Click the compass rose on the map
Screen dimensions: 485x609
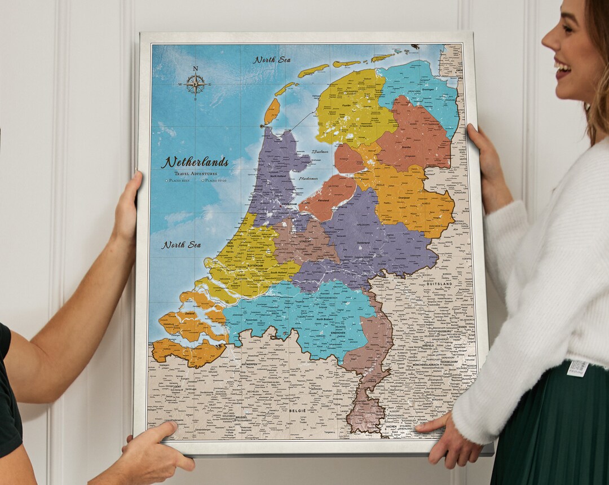pos(196,84)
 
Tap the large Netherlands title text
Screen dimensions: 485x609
pos(195,162)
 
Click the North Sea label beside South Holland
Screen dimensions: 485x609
pos(182,245)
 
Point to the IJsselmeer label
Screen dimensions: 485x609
pos(320,151)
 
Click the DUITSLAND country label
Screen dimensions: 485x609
pos(440,283)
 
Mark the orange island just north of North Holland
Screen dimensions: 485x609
pos(272,111)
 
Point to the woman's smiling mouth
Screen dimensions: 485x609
pos(562,69)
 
